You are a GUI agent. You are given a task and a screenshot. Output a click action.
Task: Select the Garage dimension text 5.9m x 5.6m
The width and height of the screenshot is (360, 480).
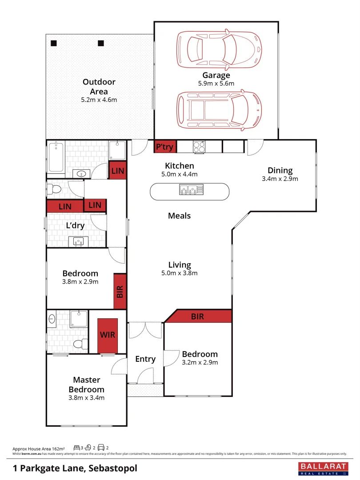click(216, 83)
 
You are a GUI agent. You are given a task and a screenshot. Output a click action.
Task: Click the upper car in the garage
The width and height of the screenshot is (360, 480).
click(219, 48)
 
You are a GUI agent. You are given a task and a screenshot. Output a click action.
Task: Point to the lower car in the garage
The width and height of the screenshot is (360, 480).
click(219, 109)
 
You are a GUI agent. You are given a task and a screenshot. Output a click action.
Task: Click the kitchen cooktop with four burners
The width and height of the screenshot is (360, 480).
click(199, 146)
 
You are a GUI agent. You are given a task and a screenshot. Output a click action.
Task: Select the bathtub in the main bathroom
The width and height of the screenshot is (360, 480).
click(56, 157)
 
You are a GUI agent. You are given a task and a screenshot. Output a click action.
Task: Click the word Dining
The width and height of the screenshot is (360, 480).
click(280, 170)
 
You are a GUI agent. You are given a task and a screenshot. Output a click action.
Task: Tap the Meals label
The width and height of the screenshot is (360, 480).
click(179, 216)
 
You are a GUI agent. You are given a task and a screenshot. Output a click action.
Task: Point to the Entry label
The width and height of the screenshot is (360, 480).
click(145, 359)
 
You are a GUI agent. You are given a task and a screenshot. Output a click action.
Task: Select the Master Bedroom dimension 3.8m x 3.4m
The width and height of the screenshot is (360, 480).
click(87, 398)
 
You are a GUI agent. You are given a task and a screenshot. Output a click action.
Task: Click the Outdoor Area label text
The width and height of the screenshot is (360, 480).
click(99, 87)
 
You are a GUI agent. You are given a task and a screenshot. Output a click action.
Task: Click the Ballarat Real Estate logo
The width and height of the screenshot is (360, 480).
click(321, 468)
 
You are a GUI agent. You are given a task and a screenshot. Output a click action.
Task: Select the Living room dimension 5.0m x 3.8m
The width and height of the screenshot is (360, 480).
click(179, 273)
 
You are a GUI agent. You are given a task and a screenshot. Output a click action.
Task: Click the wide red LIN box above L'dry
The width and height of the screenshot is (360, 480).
click(65, 207)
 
